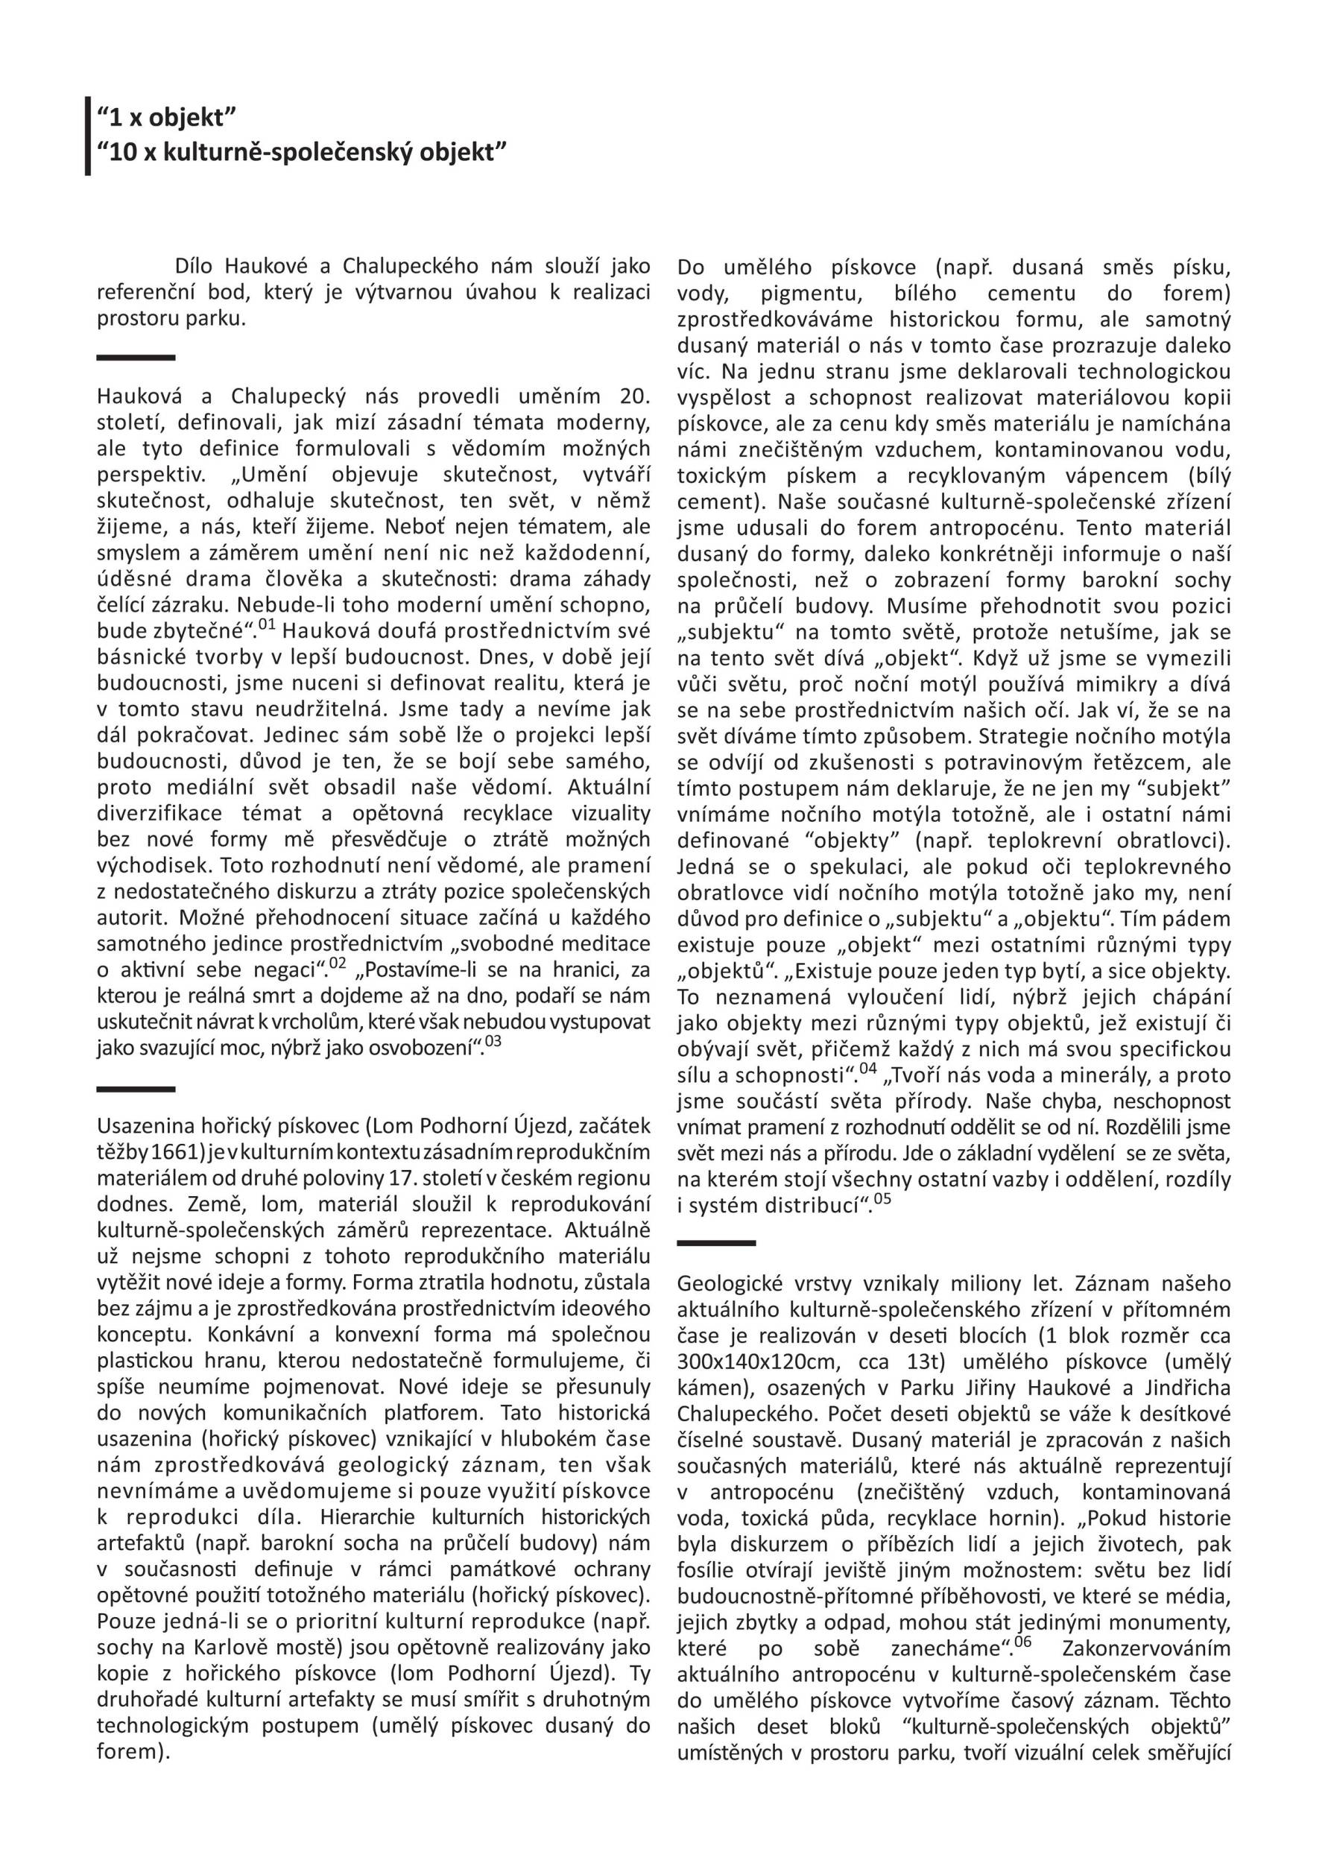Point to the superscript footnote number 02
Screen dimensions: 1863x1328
point(338,964)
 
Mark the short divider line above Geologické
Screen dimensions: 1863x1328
point(716,1243)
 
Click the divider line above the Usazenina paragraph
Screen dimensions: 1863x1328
point(136,1089)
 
